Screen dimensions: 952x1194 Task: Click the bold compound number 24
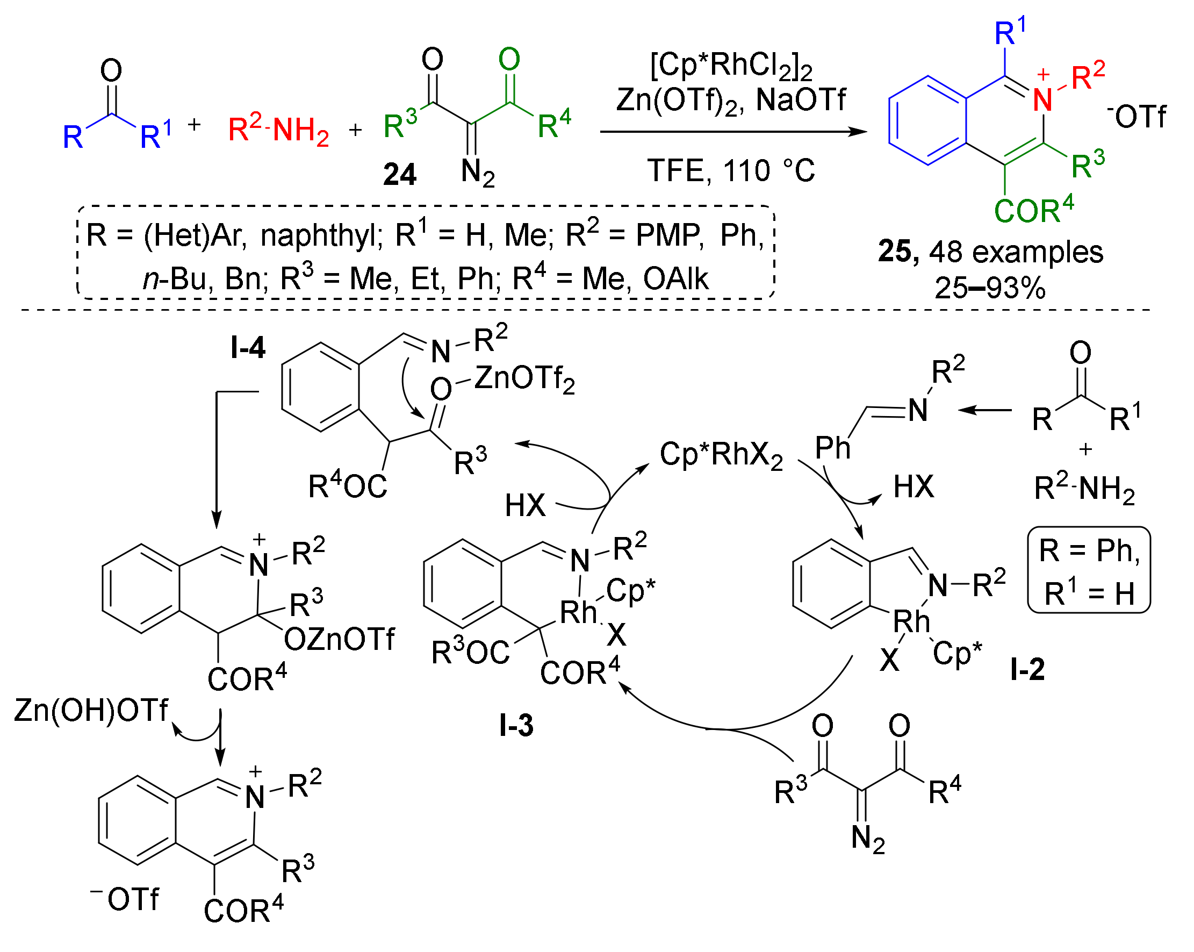click(x=399, y=175)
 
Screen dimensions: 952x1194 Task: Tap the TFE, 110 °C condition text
click(x=731, y=170)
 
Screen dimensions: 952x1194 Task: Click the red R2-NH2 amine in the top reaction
click(x=278, y=130)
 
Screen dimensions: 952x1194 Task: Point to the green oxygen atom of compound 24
click(x=509, y=59)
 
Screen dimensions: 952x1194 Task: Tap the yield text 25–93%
click(x=990, y=288)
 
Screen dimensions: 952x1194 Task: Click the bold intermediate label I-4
click(x=248, y=348)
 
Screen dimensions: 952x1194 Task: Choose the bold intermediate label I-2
click(x=1027, y=669)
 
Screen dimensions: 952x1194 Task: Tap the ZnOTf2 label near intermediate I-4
click(x=524, y=379)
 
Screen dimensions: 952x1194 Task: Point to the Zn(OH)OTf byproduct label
click(x=91, y=711)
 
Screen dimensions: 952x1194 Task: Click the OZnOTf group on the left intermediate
click(x=339, y=640)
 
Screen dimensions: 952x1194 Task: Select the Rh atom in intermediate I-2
click(x=911, y=621)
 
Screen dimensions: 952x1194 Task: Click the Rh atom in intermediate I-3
click(x=578, y=612)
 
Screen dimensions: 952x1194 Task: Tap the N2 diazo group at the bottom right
click(x=868, y=839)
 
